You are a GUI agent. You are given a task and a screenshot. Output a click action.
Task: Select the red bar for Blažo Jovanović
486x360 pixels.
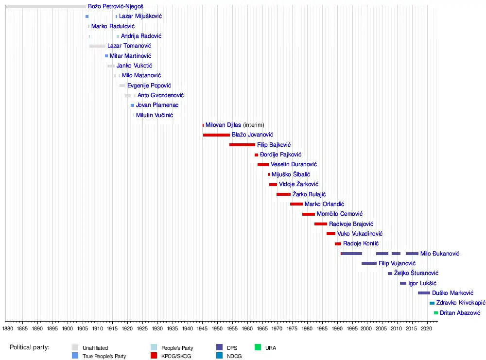click(216, 135)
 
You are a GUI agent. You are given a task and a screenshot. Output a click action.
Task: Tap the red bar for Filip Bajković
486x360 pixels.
click(242, 145)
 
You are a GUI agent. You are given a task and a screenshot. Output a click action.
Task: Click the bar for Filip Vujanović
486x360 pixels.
click(369, 263)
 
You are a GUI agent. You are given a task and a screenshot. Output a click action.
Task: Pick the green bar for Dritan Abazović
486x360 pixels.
click(436, 313)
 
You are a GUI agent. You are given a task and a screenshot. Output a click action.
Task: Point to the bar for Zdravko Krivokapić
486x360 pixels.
click(432, 303)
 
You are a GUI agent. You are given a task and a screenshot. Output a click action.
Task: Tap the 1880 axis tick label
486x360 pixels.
click(7, 329)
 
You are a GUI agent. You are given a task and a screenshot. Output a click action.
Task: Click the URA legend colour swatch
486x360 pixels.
click(258, 347)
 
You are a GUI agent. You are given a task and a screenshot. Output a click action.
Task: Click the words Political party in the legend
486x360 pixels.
click(33, 347)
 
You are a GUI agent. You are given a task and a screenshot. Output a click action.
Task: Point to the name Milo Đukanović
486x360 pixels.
click(440, 254)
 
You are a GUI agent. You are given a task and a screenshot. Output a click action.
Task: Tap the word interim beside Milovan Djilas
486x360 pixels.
click(254, 125)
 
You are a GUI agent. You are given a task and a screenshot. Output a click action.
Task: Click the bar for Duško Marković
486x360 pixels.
click(424, 293)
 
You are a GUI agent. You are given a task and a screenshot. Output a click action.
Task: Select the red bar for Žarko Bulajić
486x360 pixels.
click(283, 194)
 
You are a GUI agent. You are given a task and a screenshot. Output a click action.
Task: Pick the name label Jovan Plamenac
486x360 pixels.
click(157, 105)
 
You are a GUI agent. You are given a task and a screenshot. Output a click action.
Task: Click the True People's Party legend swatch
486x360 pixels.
click(75, 356)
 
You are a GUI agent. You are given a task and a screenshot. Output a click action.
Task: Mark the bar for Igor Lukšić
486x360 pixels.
click(403, 283)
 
